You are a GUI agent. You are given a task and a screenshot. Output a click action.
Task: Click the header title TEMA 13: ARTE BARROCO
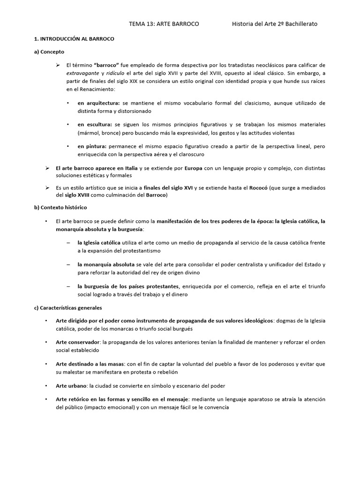(x=164, y=24)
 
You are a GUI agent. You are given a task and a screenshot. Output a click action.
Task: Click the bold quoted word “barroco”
(x=107, y=65)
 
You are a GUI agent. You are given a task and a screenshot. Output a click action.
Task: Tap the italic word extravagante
(x=82, y=73)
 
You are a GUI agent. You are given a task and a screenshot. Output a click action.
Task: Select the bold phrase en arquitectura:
(x=99, y=103)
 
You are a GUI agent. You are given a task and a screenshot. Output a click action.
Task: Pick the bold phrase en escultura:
(x=95, y=125)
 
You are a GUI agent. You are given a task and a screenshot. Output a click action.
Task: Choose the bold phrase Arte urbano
(x=71, y=386)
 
